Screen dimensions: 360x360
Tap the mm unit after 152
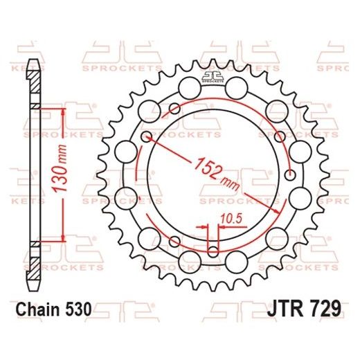coord(228,183)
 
